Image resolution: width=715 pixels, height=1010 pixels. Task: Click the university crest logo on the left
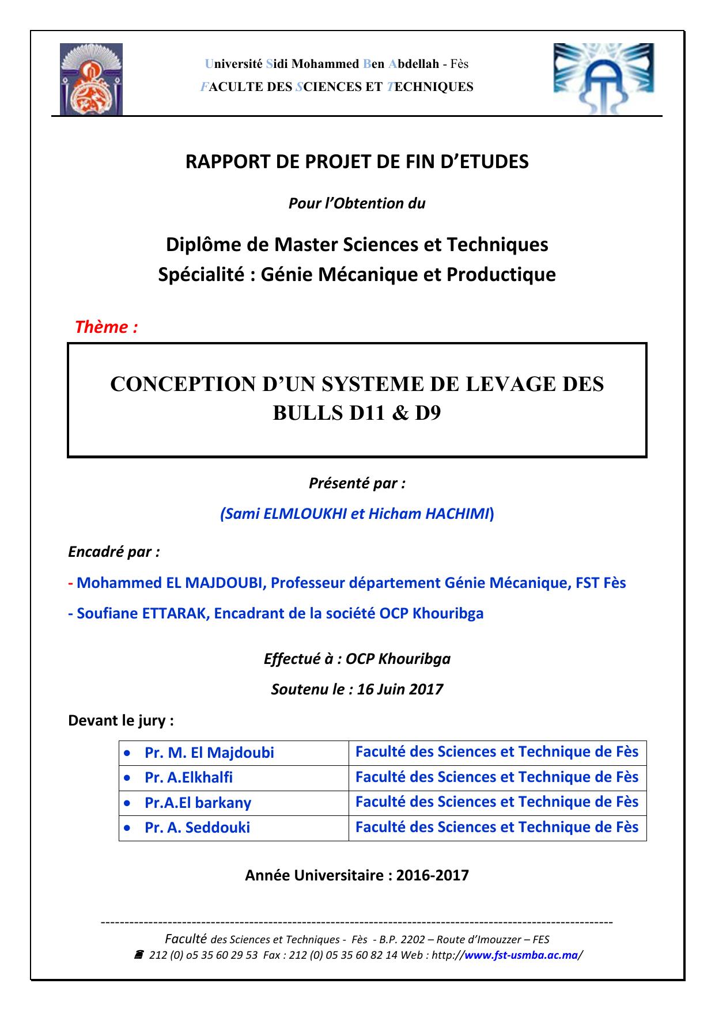pos(91,79)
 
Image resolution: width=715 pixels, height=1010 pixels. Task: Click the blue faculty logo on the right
pos(604,78)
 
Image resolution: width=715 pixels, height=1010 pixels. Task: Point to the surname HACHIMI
pos(457,514)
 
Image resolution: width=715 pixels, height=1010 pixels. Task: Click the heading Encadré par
pos(114,552)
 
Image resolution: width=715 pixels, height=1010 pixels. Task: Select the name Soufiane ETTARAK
pos(143,613)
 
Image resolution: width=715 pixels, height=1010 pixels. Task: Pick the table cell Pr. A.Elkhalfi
pos(188,777)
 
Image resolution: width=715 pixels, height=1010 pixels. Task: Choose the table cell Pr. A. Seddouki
pos(197,827)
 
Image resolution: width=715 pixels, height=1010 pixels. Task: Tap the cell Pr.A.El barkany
pos(198,802)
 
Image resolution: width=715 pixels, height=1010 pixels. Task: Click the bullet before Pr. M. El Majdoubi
pos(127,753)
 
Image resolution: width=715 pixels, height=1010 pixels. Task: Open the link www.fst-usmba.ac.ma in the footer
pos(520,955)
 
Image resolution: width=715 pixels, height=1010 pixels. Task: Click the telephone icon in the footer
pos(139,955)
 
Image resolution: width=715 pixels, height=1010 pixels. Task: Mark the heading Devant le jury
pos(121,720)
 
